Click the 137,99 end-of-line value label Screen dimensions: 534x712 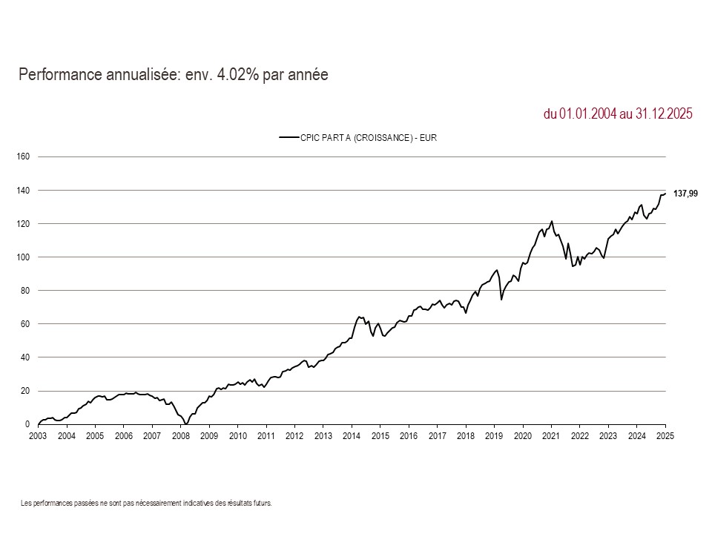click(x=685, y=194)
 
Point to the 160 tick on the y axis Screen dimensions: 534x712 click(x=22, y=156)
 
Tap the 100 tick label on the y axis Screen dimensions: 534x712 click(x=22, y=257)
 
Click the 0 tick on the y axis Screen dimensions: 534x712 click(x=27, y=424)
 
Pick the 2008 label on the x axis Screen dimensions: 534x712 click(x=180, y=436)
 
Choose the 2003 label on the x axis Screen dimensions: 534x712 click(x=38, y=436)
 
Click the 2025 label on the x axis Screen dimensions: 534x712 click(x=665, y=436)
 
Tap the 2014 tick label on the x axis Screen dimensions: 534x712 click(x=352, y=436)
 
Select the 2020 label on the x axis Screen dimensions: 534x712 click(x=523, y=436)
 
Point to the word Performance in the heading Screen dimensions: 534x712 click(x=56, y=75)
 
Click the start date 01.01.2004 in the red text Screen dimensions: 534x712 click(x=588, y=113)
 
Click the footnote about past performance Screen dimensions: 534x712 click(x=147, y=503)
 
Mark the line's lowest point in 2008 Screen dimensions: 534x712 click(x=186, y=423)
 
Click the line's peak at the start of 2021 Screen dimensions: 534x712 click(x=552, y=221)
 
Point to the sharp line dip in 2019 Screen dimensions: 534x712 click(x=501, y=300)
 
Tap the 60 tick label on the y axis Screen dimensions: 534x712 click(x=24, y=324)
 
